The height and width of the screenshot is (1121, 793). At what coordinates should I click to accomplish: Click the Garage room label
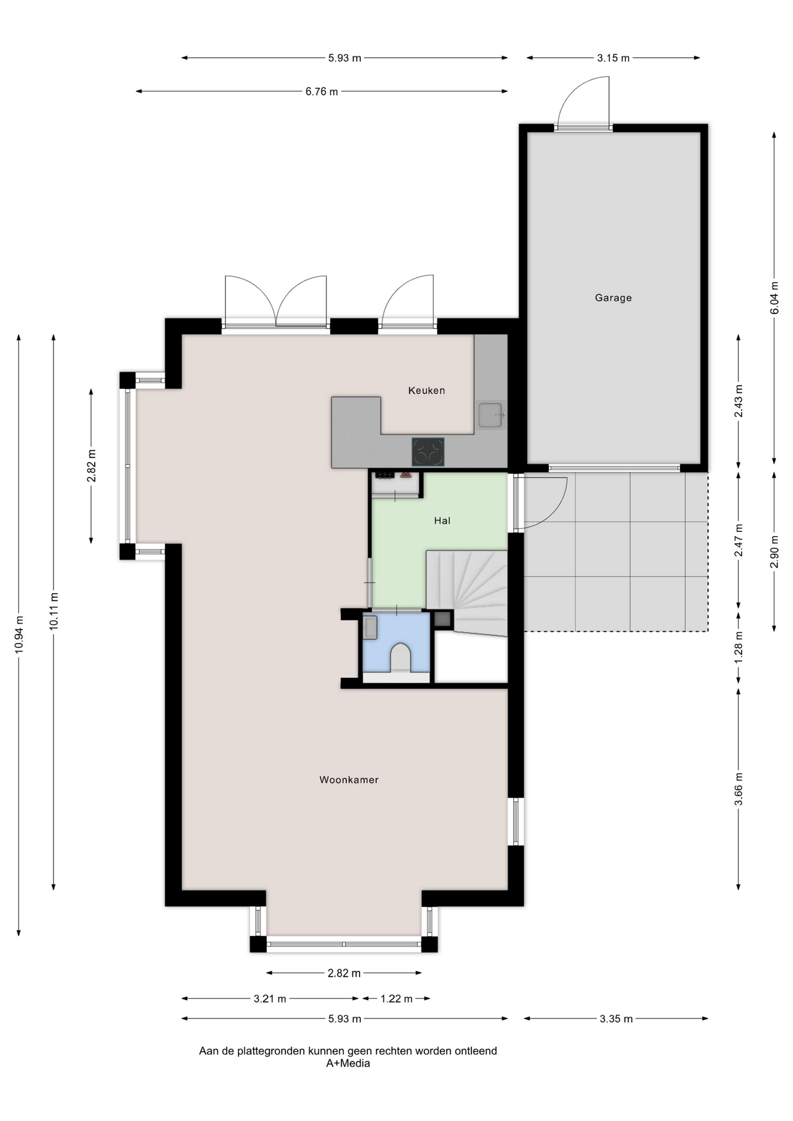click(613, 298)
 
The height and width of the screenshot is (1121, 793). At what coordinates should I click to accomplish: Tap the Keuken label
click(426, 391)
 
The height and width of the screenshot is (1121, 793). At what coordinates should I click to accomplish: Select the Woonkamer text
click(349, 779)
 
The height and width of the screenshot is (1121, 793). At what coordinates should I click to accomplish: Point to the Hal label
click(442, 521)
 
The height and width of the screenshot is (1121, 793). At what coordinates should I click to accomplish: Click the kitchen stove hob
click(428, 452)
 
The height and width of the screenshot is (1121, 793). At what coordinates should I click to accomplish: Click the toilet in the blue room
click(400, 657)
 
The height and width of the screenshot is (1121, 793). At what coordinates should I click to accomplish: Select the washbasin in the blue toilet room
click(370, 628)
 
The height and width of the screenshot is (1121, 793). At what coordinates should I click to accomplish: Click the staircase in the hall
click(467, 592)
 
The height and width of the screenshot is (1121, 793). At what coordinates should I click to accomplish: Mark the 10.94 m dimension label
click(19, 635)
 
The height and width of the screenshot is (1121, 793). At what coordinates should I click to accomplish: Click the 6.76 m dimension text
click(322, 92)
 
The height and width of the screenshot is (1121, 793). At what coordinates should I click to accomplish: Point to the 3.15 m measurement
click(613, 58)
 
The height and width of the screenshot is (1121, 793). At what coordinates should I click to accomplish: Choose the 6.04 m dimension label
click(774, 298)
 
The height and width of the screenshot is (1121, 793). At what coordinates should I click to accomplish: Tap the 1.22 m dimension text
click(396, 999)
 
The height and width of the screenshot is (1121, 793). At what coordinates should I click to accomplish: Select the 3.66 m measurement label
click(739, 789)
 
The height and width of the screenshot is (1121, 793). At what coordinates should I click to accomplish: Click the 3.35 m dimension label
click(616, 1019)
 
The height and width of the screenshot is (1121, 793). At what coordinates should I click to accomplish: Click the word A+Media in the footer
click(348, 1063)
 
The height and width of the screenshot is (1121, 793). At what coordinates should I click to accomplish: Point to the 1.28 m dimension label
click(739, 647)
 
